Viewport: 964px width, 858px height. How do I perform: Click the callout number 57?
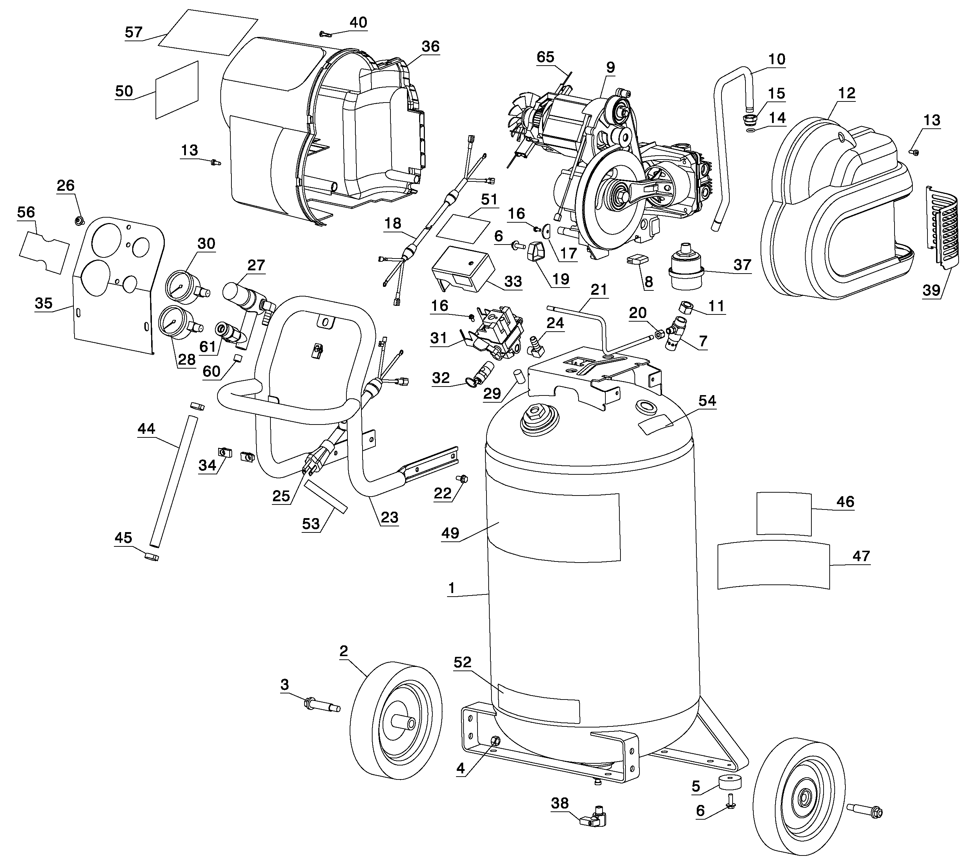(134, 32)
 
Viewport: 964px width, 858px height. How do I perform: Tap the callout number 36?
(430, 46)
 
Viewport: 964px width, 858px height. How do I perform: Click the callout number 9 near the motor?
(610, 67)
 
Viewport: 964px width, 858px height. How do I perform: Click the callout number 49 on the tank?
(450, 533)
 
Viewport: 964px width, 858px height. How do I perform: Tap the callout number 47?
(861, 556)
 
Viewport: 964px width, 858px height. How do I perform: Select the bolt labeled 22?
(463, 479)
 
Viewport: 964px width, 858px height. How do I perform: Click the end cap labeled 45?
(152, 557)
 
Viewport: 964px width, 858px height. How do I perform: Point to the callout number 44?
(146, 428)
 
